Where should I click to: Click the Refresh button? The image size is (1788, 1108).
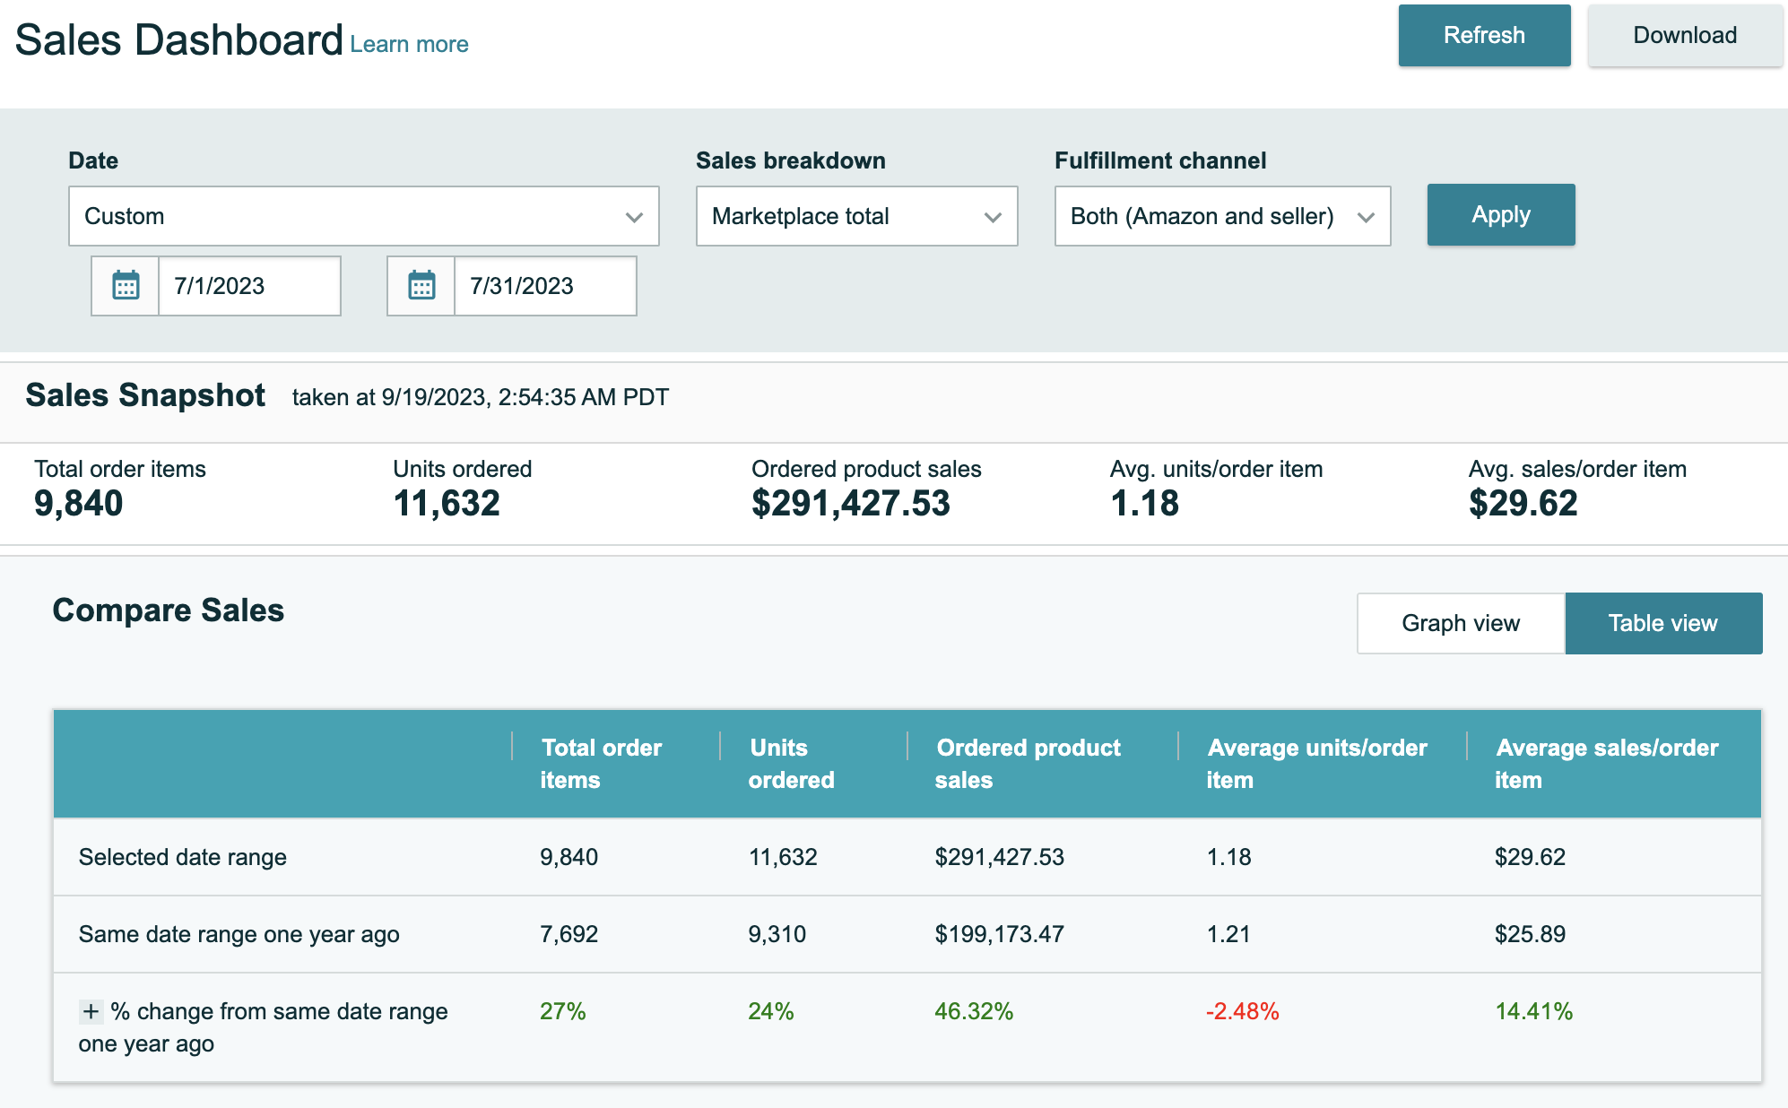1484,36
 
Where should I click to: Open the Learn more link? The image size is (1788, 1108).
409,45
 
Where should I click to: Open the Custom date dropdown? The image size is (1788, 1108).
363,216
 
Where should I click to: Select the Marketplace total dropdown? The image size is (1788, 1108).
856,216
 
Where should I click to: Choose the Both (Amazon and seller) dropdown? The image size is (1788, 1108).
1222,216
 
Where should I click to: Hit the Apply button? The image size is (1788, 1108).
1500,215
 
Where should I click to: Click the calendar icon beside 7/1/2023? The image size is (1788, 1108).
126,286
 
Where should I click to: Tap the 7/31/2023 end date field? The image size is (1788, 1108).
544,286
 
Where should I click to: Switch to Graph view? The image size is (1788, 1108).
1461,623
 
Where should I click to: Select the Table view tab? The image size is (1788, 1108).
1663,623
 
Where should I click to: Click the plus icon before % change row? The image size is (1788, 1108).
91,1012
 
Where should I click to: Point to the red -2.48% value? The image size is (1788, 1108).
1242,1012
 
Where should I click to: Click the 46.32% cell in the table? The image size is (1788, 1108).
974,1012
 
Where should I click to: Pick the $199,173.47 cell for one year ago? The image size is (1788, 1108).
999,934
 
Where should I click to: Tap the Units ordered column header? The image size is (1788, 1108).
791,764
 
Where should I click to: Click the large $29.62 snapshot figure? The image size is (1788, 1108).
1523,504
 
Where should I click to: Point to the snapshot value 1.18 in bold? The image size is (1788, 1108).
1144,504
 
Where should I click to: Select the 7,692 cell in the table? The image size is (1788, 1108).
569,934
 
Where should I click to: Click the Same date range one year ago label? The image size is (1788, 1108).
239,934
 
